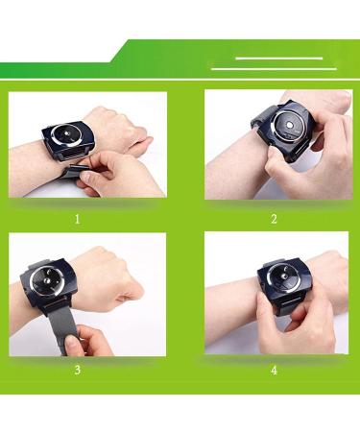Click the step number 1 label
point(76,218)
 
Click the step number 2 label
point(274,218)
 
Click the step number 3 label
point(76,369)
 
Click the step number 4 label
point(274,369)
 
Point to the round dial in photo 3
point(44,278)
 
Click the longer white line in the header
point(274,69)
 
